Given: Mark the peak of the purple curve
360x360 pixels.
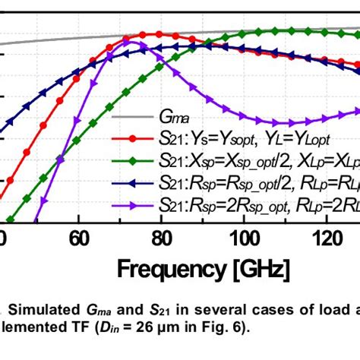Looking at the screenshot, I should [133, 43].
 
